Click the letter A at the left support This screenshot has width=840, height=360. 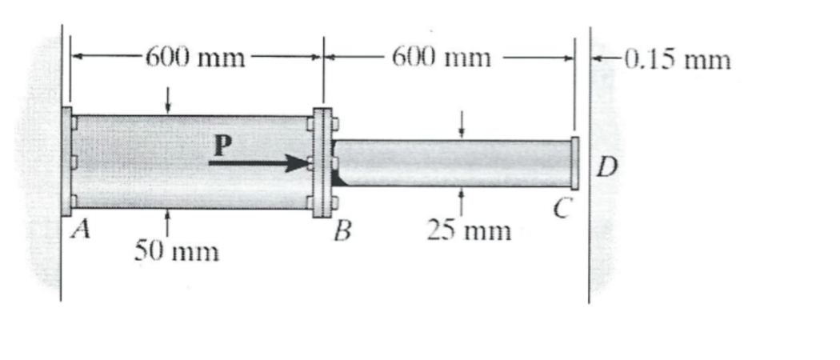tap(78, 231)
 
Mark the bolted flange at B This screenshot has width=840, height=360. tap(322, 163)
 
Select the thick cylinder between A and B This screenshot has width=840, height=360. tap(192, 162)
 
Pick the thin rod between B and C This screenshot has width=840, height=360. tap(452, 162)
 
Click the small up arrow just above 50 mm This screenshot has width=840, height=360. tap(168, 219)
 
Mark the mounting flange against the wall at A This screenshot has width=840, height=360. tap(67, 162)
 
